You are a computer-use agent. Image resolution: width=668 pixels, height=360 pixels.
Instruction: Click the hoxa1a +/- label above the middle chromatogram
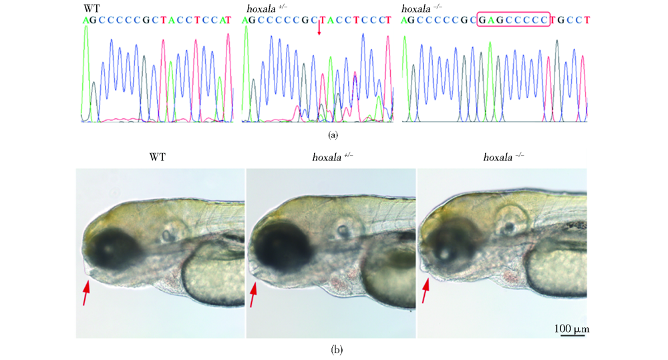coord(263,8)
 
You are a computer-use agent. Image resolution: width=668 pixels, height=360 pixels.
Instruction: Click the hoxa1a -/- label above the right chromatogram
coord(423,8)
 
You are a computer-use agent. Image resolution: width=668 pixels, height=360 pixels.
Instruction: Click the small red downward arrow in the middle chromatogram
coord(319,28)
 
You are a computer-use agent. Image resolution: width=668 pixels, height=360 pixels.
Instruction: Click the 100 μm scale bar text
coord(572,329)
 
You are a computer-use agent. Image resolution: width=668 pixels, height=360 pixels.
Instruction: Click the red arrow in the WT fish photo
coord(85,293)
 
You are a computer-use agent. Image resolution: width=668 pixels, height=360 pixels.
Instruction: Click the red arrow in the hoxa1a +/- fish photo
coord(253,294)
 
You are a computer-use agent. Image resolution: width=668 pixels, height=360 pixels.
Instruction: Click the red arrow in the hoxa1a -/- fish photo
coord(425,293)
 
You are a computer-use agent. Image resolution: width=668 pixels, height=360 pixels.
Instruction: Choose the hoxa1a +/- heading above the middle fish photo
coord(333,158)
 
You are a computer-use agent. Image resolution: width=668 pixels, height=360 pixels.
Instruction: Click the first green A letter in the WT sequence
coord(86,20)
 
